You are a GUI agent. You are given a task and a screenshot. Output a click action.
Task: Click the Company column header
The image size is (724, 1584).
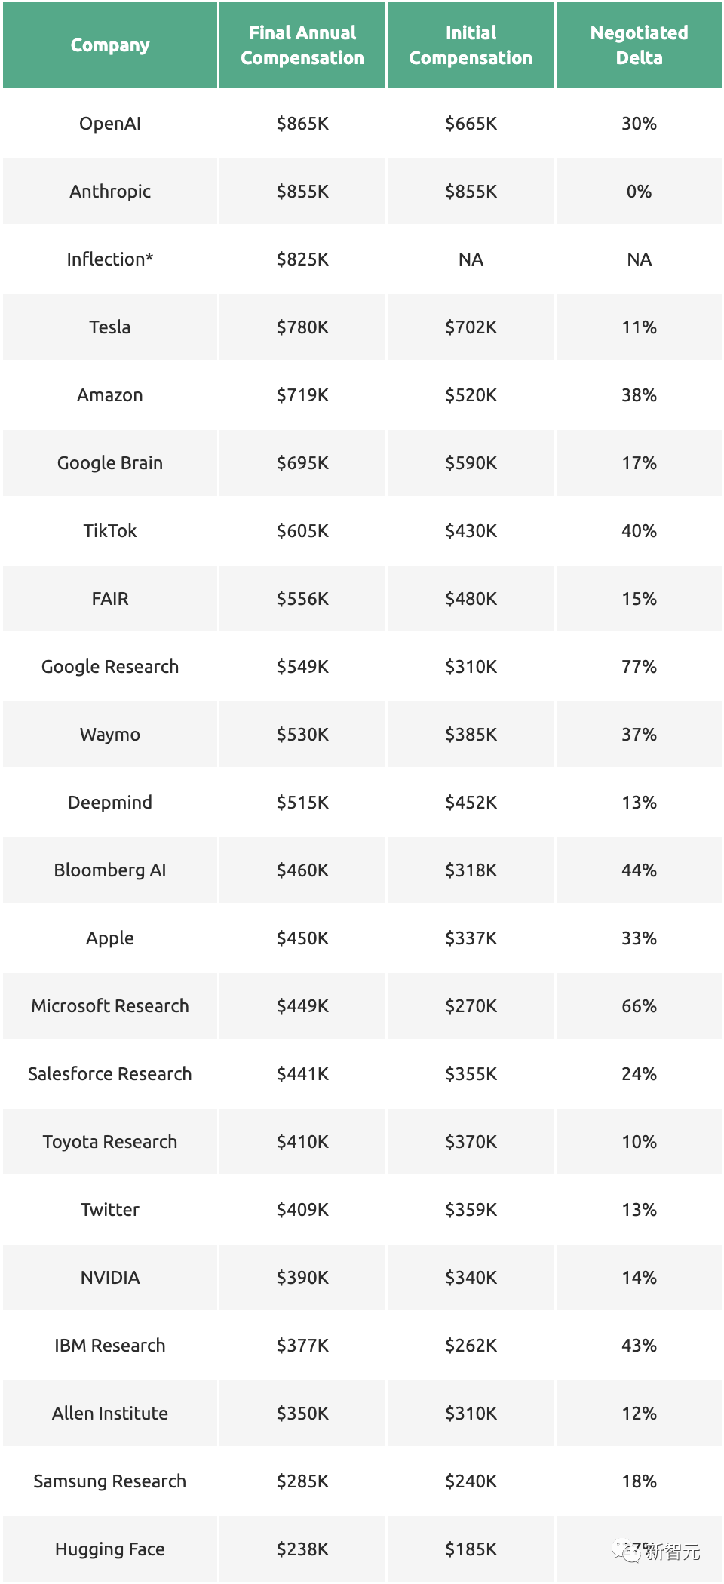click(x=110, y=45)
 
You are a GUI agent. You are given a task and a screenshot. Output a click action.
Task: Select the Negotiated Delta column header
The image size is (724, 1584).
click(x=639, y=45)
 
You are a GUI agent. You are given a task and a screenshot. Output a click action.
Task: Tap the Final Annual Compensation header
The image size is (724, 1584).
click(x=302, y=45)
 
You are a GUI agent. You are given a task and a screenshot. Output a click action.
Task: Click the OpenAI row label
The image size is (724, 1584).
click(x=110, y=124)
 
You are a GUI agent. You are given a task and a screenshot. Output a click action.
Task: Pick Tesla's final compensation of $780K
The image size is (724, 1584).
click(x=302, y=327)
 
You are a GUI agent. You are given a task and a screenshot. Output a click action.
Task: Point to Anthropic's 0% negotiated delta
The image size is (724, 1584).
click(x=639, y=192)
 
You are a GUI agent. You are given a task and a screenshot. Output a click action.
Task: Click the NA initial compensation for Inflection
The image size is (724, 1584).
click(x=471, y=259)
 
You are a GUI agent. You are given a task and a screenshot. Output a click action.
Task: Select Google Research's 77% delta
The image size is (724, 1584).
click(x=639, y=667)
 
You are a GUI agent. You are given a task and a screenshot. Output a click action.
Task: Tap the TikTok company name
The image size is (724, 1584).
click(x=110, y=531)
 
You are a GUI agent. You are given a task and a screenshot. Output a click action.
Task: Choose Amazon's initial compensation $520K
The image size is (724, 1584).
click(x=471, y=395)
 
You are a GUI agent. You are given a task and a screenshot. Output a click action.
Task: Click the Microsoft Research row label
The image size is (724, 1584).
click(x=110, y=1006)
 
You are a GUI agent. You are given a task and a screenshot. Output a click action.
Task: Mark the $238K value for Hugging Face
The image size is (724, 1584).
click(x=302, y=1549)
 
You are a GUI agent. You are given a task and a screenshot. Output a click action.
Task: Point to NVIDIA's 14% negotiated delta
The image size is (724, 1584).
click(x=639, y=1278)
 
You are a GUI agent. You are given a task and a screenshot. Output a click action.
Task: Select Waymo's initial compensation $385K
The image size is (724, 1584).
click(x=471, y=735)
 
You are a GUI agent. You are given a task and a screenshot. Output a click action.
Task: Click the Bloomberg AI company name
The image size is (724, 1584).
click(x=110, y=870)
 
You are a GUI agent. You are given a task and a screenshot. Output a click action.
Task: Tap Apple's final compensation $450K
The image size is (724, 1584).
click(x=302, y=938)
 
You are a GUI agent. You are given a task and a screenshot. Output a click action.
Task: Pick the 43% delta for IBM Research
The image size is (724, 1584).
click(x=639, y=1346)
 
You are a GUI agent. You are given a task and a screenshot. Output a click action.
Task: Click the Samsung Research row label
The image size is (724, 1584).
click(x=110, y=1481)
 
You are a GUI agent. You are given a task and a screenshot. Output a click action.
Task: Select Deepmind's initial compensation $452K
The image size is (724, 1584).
click(x=471, y=803)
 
